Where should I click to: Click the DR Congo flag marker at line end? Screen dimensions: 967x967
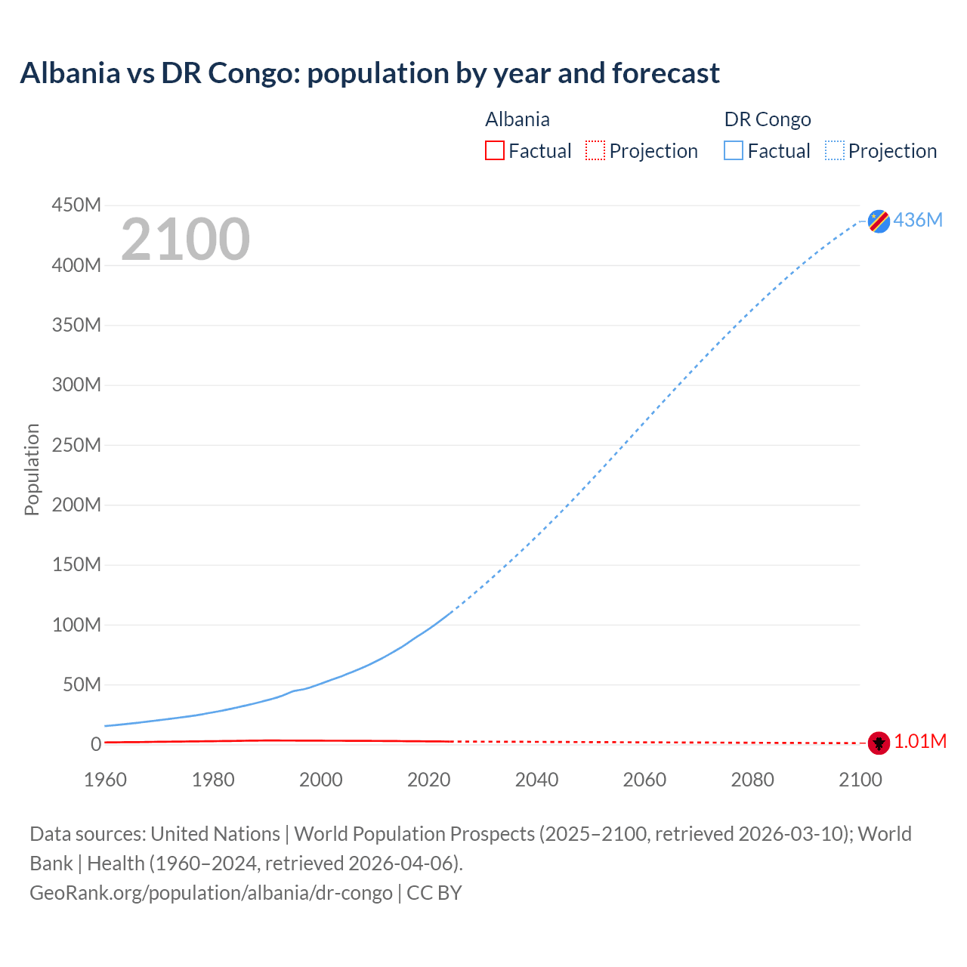(879, 221)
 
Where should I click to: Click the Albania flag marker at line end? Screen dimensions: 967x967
(879, 743)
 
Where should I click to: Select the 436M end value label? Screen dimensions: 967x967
(918, 220)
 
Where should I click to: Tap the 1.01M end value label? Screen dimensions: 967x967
(920, 742)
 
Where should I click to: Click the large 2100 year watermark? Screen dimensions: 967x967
(185, 239)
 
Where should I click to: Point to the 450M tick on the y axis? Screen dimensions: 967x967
(76, 205)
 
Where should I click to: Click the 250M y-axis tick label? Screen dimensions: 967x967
(76, 445)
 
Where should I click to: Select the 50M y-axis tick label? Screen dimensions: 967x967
(82, 684)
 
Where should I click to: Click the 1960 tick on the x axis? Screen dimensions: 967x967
(106, 780)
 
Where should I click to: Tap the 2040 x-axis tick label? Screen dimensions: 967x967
(536, 780)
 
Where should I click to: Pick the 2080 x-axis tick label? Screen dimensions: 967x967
(752, 780)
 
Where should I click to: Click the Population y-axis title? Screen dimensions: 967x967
(32, 469)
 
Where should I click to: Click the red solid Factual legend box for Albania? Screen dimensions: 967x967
(495, 151)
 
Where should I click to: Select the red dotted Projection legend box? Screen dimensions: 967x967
(595, 151)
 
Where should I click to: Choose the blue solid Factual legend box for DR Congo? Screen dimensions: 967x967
(734, 151)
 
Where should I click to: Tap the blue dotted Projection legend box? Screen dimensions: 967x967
(835, 151)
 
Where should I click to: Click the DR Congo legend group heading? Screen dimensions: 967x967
(768, 119)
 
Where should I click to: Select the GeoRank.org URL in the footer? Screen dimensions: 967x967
(211, 893)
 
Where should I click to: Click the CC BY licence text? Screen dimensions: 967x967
(434, 893)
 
